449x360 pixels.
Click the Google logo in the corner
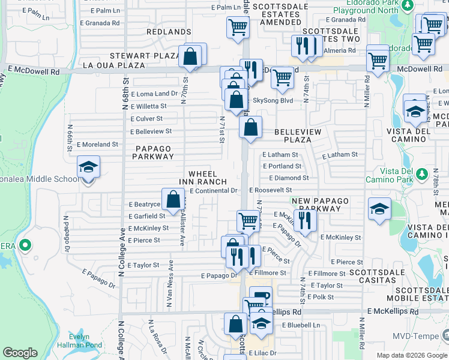click(x=20, y=353)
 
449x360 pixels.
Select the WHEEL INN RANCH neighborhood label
click(x=203, y=178)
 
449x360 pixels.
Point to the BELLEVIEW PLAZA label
click(x=298, y=136)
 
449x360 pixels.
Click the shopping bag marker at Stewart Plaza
click(x=190, y=57)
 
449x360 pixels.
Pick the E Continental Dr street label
click(x=214, y=191)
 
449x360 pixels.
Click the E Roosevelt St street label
click(x=270, y=190)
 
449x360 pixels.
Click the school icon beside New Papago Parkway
click(x=378, y=209)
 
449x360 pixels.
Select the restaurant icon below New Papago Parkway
click(x=306, y=220)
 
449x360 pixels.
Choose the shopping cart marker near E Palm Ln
click(x=238, y=27)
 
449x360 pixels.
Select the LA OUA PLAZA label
click(x=113, y=65)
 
